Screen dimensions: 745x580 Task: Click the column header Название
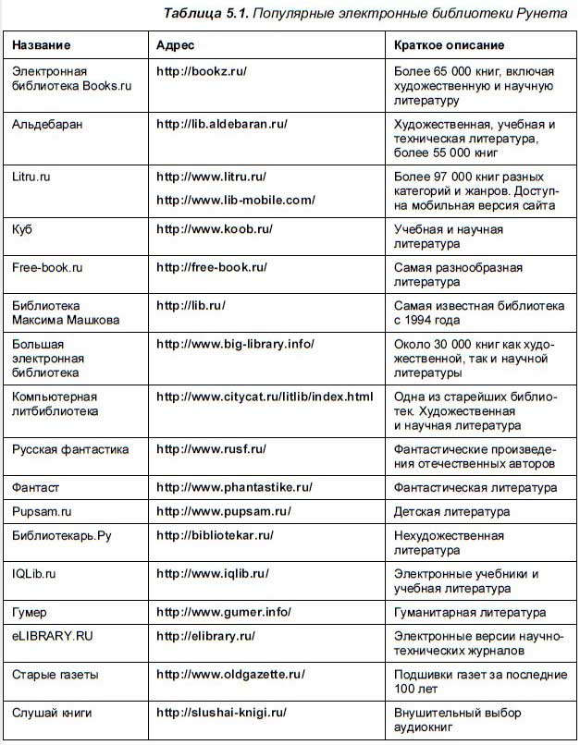point(42,44)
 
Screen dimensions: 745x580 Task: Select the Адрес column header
point(175,44)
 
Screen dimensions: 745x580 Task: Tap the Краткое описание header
point(449,44)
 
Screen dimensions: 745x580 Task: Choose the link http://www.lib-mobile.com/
point(236,199)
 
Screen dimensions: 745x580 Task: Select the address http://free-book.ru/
point(212,267)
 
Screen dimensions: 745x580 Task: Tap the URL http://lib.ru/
point(191,304)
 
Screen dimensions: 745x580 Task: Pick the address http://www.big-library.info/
point(236,343)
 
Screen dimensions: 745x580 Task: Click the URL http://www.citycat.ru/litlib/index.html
point(265,397)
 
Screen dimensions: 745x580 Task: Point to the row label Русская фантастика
point(70,449)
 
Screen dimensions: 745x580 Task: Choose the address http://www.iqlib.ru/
point(213,573)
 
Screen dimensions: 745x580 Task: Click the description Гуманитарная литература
point(469,612)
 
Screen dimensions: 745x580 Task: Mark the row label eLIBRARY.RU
point(53,636)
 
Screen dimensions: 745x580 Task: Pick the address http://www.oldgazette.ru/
point(228,675)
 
